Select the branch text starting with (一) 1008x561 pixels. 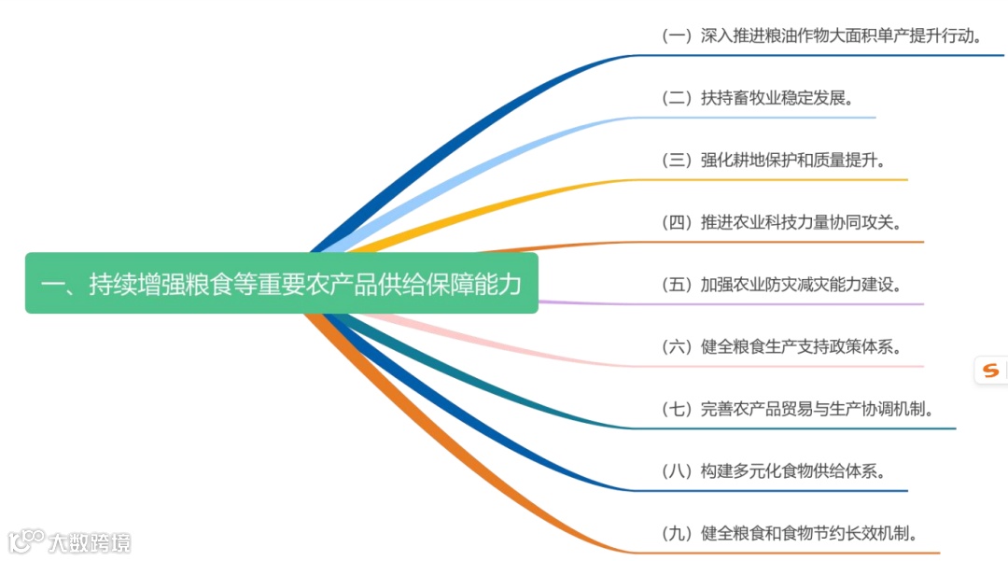[x=822, y=36]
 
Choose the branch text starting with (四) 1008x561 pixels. [x=781, y=222]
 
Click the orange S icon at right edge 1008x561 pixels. [x=989, y=371]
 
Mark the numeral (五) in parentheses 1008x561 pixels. [x=677, y=285]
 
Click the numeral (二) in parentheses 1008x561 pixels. [x=677, y=98]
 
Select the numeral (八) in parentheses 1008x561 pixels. [x=677, y=471]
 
